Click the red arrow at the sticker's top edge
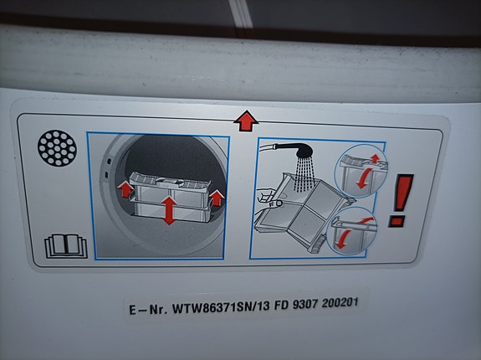tap(246, 121)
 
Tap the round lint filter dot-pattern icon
tap(58, 148)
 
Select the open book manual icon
tap(66, 246)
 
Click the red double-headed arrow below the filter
tap(169, 210)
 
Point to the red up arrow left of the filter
tap(125, 189)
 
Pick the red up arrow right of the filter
tap(217, 198)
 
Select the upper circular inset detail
tap(361, 171)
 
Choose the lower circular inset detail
tap(352, 230)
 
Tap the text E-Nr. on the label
tap(148, 309)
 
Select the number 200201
tap(340, 303)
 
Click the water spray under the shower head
tap(304, 173)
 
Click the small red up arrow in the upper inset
tap(375, 158)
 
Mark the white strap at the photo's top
tap(241, 13)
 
